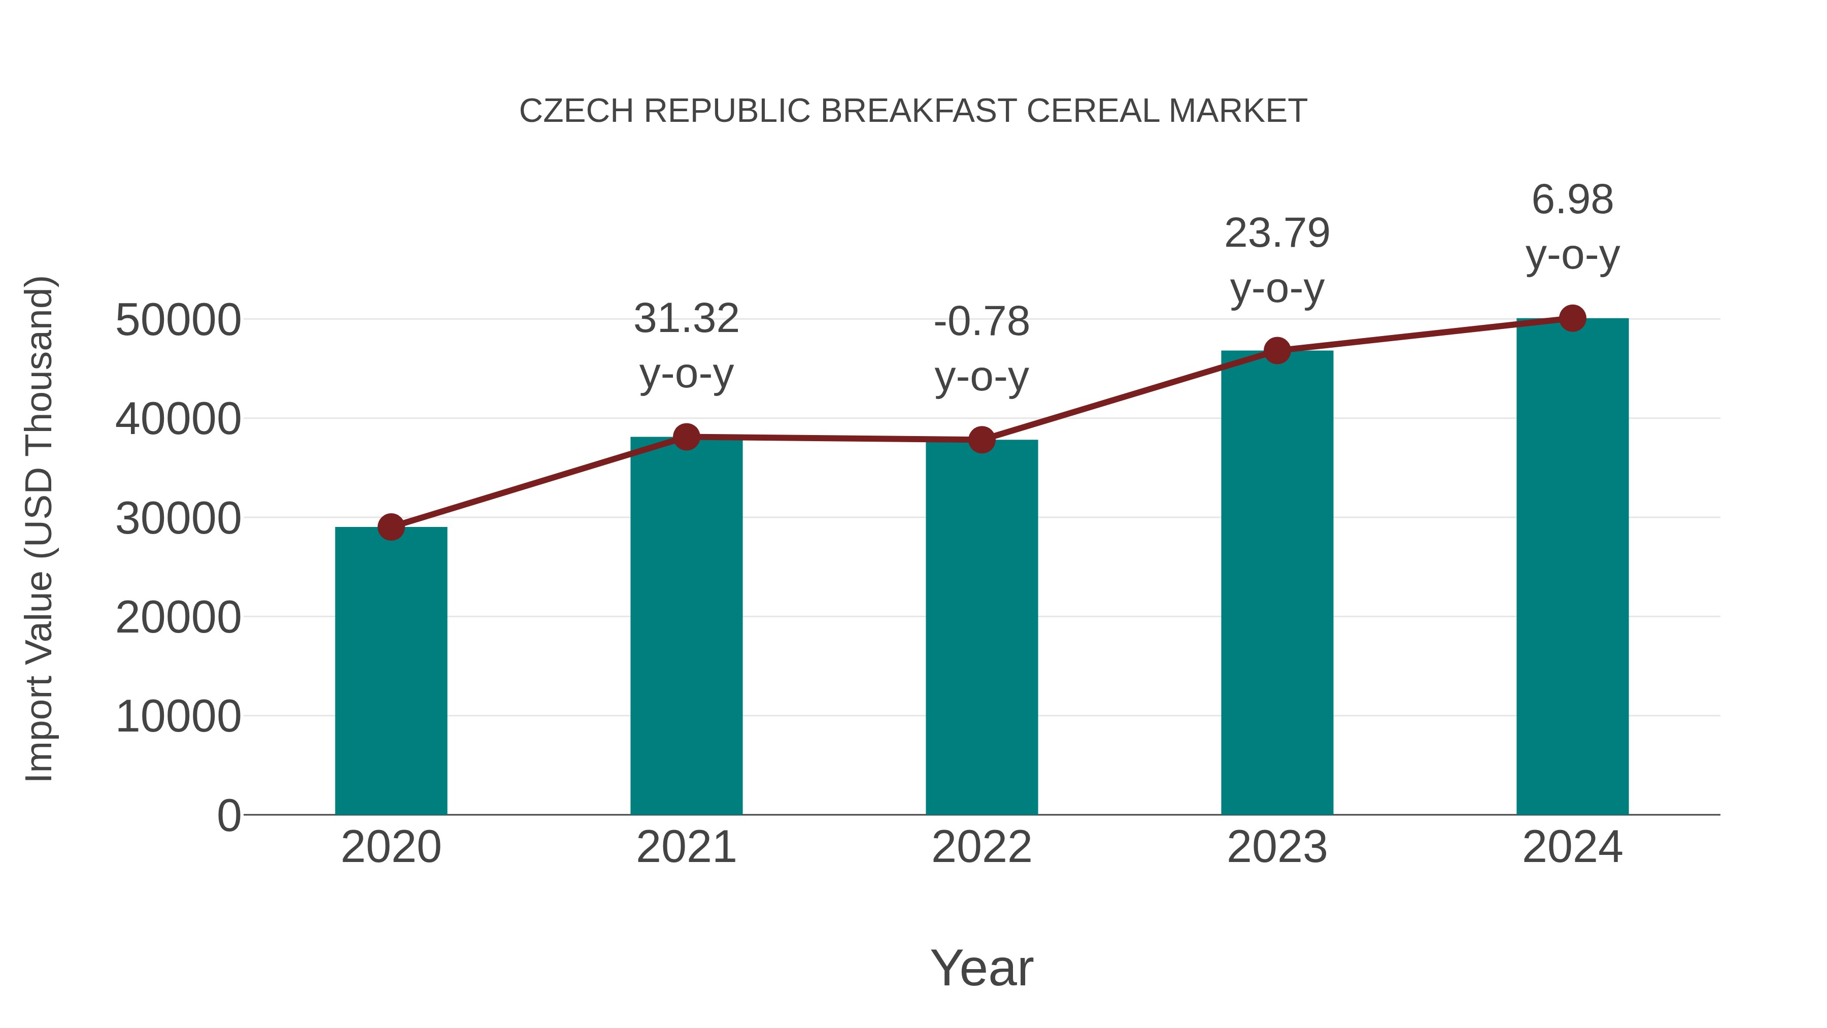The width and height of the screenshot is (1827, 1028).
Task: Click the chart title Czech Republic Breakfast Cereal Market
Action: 913,111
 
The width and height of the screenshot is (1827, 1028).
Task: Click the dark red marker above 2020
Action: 391,527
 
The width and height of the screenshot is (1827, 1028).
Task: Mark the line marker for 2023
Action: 1277,350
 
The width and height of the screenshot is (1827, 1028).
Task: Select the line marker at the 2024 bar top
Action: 1572,318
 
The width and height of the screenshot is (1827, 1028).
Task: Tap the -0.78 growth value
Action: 982,322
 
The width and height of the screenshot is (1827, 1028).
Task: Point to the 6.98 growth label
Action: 1572,200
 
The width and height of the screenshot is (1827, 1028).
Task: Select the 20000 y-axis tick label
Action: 178,617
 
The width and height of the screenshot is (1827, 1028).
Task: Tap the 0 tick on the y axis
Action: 229,815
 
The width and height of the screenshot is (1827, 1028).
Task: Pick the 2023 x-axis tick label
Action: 1277,847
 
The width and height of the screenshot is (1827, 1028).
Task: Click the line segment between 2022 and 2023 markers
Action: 1129,395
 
